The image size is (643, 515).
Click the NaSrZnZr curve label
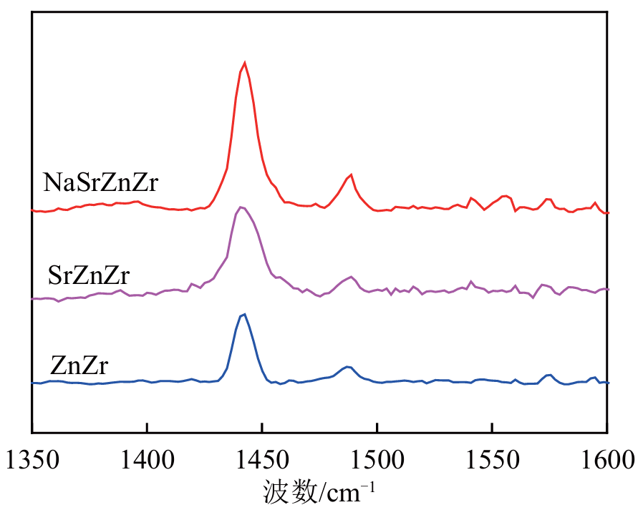click(100, 182)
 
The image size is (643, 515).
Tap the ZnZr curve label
click(79, 367)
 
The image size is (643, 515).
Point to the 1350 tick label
click(32, 458)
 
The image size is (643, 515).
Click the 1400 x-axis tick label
click(147, 458)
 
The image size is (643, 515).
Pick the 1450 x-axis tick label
click(262, 458)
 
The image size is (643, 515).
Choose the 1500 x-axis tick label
click(377, 458)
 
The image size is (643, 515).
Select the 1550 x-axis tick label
click(493, 458)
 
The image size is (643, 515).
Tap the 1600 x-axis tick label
click(607, 458)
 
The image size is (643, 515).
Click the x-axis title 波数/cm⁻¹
click(320, 494)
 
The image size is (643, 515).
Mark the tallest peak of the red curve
click(245, 63)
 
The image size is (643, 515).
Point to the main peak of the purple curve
click(241, 207)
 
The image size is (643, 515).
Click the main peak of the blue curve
click(245, 314)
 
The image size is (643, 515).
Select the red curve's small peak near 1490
click(351, 175)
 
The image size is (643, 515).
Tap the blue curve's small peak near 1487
click(347, 367)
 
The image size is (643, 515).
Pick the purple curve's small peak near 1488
click(350, 276)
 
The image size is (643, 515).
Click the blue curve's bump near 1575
click(549, 375)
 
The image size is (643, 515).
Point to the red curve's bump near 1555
click(505, 195)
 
